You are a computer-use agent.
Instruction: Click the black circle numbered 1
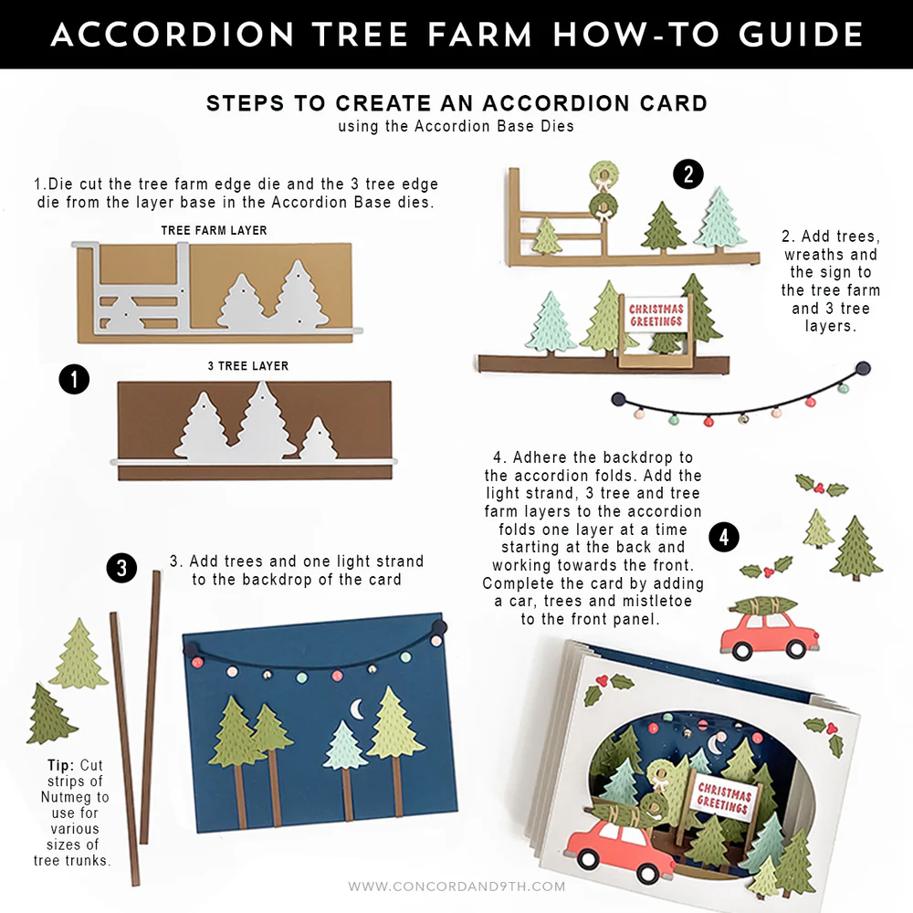[x=73, y=379]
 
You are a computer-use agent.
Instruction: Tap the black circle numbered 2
[x=688, y=173]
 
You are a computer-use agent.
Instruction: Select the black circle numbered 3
[x=121, y=568]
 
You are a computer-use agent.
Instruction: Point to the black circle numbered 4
[x=724, y=537]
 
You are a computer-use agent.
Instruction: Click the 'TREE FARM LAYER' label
[x=214, y=231]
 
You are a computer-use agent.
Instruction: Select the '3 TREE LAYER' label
[x=248, y=366]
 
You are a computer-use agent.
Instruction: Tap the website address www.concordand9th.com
[x=456, y=886]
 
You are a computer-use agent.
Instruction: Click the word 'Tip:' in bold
[x=62, y=765]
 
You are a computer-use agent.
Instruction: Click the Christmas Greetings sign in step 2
[x=656, y=316]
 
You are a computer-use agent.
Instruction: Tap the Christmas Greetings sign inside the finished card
[x=723, y=796]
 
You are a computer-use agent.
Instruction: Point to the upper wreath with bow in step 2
[x=603, y=173]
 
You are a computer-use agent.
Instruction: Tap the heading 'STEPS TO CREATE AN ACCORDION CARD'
[x=456, y=103]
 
